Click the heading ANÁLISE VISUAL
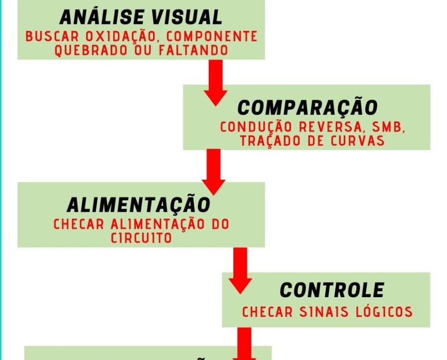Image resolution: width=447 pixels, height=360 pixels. [140, 17]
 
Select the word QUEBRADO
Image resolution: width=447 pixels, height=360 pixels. [85, 51]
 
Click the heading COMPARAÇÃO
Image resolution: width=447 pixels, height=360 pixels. [307, 108]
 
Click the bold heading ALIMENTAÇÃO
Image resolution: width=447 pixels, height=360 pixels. [138, 205]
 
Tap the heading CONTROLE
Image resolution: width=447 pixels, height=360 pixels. [332, 290]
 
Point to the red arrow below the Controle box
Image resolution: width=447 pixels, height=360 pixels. [244, 346]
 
